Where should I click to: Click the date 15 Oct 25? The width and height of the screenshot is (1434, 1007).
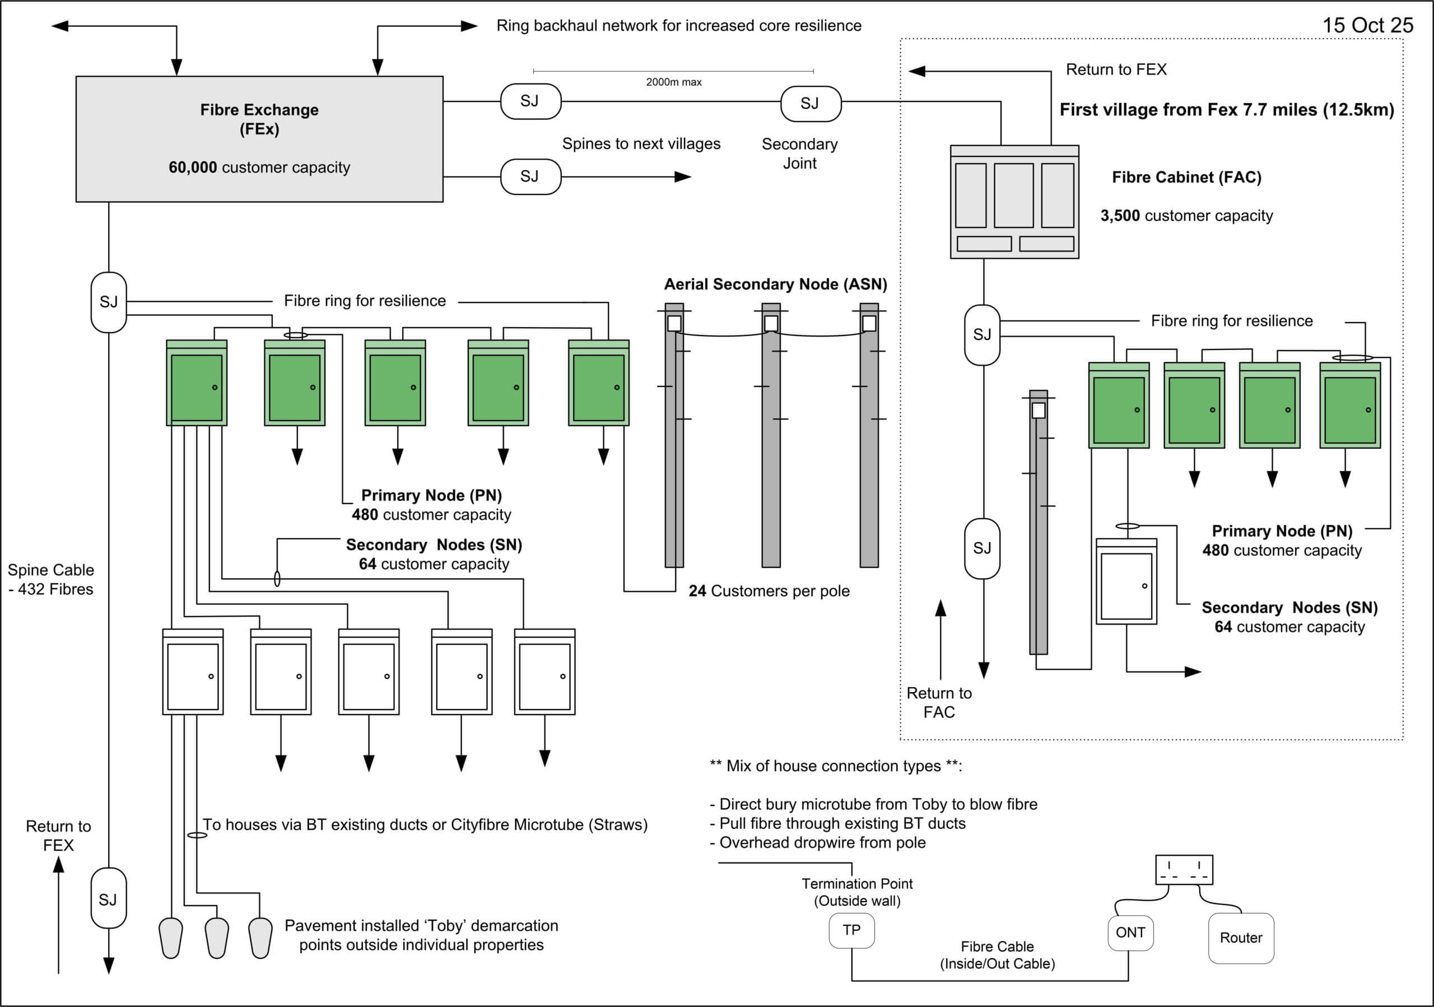[x=1367, y=25]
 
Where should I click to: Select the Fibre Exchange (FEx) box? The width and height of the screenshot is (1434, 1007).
[x=259, y=138]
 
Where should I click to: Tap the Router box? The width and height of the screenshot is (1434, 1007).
[x=1240, y=938]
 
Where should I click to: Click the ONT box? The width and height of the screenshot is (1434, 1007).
[x=1130, y=933]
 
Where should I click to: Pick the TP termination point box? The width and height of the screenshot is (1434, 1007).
[x=851, y=930]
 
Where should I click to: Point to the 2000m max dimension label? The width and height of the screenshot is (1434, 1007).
[x=673, y=82]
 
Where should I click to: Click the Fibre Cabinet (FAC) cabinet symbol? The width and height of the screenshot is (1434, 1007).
[x=1014, y=202]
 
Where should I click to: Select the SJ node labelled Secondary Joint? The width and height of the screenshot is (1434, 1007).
[x=810, y=104]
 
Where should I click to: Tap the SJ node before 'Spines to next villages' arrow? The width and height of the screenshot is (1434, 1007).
[x=530, y=176]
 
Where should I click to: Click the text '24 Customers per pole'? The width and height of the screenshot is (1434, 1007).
[x=769, y=591]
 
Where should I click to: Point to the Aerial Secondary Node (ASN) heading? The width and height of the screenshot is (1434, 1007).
[x=775, y=285]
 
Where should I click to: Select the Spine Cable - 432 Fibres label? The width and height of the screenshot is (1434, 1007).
[x=50, y=579]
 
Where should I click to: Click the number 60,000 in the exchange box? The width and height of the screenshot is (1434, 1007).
[x=193, y=167]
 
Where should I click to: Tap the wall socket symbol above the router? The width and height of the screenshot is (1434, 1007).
[x=1184, y=869]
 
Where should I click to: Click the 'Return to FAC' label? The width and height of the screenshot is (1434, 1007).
[x=939, y=702]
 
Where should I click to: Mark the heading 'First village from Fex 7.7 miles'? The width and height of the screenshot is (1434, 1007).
[x=1226, y=110]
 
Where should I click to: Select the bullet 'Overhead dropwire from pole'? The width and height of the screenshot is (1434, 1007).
[x=818, y=843]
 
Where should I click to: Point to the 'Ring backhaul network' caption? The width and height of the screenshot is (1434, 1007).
[x=678, y=26]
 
